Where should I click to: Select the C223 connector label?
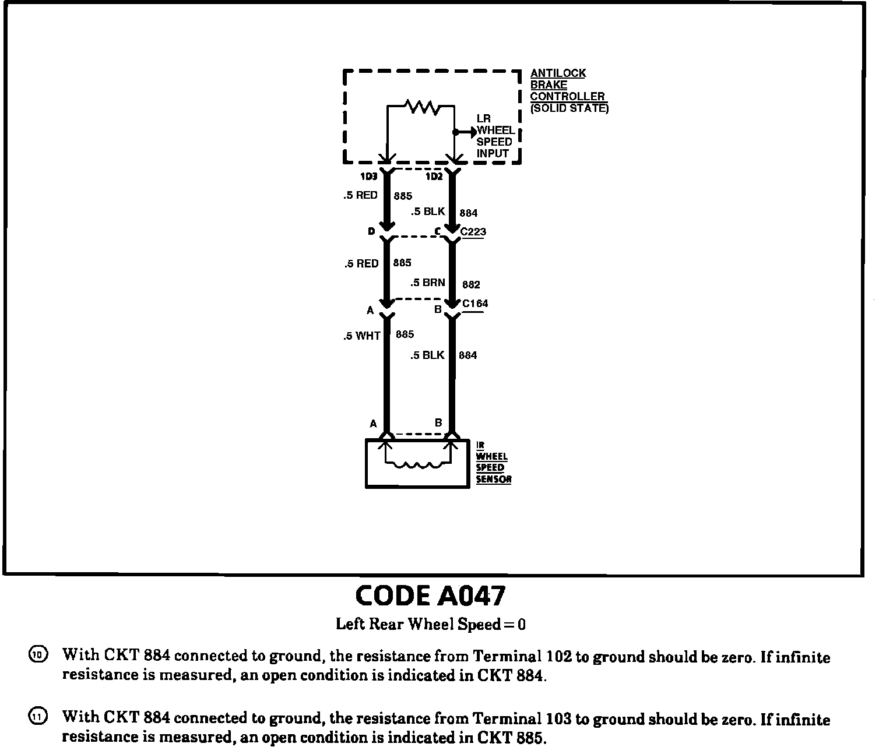point(473,232)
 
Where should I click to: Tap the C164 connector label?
point(475,304)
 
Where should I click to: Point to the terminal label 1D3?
point(368,177)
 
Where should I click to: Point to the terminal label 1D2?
point(434,177)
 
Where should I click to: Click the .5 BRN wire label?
point(427,283)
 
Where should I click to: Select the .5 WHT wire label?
point(361,336)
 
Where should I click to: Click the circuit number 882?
point(471,285)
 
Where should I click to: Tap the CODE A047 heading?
point(430,596)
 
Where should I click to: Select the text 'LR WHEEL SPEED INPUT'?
point(494,136)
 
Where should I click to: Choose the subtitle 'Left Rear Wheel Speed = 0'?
point(430,625)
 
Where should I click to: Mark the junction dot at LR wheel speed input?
point(455,132)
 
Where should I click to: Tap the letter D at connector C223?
point(371,232)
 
